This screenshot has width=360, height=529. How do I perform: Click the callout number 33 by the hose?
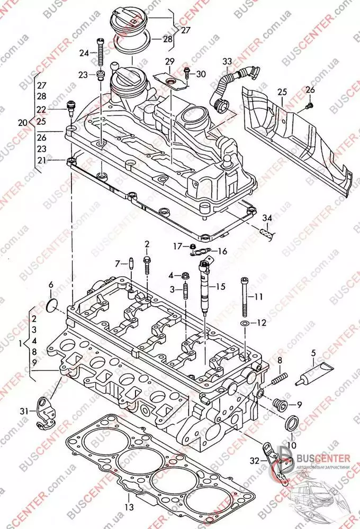coord(227,62)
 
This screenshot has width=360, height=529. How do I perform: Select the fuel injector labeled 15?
coord(204,286)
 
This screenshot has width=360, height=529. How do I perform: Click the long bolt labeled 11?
coord(244,298)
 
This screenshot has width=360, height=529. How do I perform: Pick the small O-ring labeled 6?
coord(52,305)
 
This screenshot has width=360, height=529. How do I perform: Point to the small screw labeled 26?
coord(309,106)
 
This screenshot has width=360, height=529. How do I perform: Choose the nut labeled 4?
coord(186,276)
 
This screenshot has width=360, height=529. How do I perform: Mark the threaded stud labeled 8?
coord(278,378)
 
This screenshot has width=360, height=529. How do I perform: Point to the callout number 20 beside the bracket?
coord(22,122)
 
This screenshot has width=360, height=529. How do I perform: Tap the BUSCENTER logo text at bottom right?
coord(325,458)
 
